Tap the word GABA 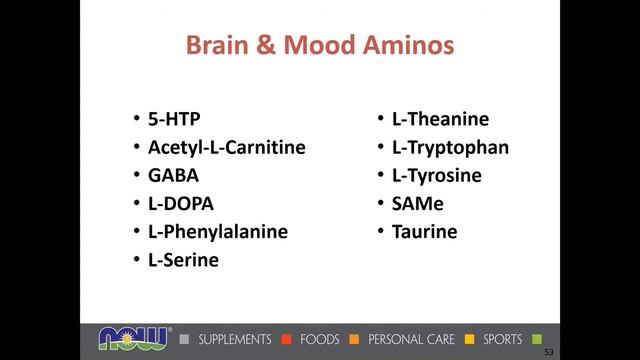click(x=173, y=176)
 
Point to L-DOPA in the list click(x=180, y=204)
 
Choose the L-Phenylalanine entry click(x=217, y=232)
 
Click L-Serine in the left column click(x=183, y=260)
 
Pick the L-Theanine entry click(x=440, y=120)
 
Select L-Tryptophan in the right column click(x=450, y=148)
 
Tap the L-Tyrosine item click(x=437, y=176)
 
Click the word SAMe click(x=419, y=204)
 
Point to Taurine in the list click(x=424, y=232)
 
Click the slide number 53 click(x=548, y=352)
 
